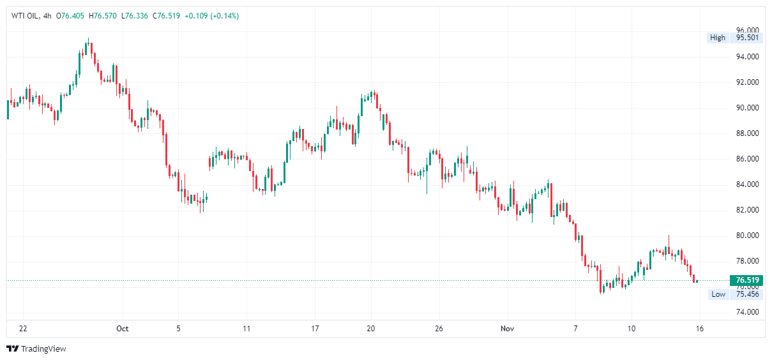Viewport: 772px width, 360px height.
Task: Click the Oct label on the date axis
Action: [122, 329]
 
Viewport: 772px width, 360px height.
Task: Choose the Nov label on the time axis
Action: [507, 329]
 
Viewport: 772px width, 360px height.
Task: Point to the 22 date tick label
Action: [23, 329]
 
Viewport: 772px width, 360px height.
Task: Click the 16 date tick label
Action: [700, 329]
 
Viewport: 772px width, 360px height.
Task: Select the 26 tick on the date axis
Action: [438, 329]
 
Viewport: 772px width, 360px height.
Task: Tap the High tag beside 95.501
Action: [718, 38]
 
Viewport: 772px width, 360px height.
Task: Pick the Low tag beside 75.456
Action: [718, 294]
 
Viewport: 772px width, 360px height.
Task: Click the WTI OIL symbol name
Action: [24, 16]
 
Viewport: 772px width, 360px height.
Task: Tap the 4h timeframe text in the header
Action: [47, 16]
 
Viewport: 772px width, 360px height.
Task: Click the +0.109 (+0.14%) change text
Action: [211, 16]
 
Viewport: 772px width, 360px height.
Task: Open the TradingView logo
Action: [36, 349]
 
